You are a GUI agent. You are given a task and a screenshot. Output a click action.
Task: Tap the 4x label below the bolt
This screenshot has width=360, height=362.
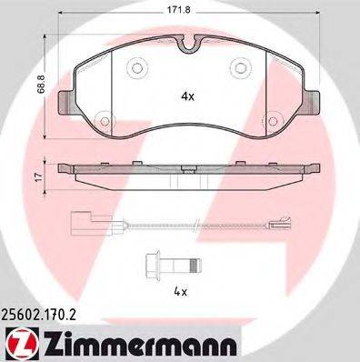181,292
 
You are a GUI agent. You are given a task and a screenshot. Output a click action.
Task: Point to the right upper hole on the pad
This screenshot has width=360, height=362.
243,66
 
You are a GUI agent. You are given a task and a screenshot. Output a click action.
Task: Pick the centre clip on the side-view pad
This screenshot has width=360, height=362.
187,169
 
